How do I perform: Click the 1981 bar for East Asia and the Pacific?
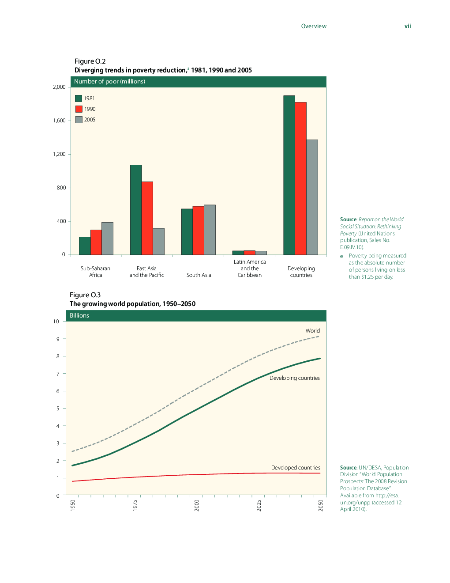point(136,210)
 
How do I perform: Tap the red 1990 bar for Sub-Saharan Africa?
point(96,242)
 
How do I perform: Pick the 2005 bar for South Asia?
point(210,230)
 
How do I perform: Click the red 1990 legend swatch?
point(79,109)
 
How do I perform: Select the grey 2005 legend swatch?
point(79,120)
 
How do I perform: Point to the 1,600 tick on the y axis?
point(59,121)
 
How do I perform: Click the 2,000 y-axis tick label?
point(59,87)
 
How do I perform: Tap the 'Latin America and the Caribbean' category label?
point(250,268)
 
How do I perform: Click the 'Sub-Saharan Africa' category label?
point(95,272)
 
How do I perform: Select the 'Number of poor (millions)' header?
point(109,82)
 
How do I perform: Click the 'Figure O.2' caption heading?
point(90,61)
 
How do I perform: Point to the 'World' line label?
point(312,331)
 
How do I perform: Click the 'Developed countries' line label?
point(296,468)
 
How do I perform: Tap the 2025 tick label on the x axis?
point(259,505)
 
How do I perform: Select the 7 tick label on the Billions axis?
point(58,374)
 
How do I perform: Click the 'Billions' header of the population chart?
point(79,316)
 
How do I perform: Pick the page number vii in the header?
point(408,26)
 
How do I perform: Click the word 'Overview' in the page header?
point(314,26)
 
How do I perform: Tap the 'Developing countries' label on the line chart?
point(294,378)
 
